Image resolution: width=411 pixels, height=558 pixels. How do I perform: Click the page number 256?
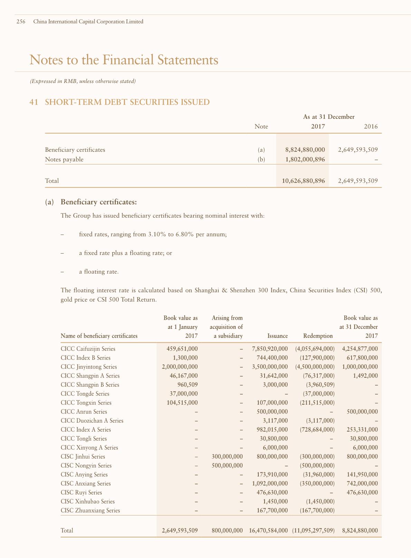(x=21, y=21)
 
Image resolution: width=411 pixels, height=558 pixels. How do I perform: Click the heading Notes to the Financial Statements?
(x=124, y=60)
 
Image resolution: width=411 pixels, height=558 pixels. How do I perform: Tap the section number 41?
(x=34, y=102)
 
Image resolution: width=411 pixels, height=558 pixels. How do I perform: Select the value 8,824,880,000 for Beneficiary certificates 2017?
(x=305, y=150)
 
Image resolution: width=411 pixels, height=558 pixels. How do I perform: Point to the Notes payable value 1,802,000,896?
(x=305, y=159)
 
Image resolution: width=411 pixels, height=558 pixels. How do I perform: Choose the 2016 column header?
(x=371, y=126)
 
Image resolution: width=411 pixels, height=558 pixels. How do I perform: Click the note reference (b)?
(x=261, y=159)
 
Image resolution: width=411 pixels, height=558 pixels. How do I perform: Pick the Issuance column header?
(x=277, y=336)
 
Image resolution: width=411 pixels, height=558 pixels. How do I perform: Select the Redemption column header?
(x=318, y=336)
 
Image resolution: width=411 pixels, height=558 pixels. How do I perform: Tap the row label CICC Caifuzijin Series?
(x=88, y=349)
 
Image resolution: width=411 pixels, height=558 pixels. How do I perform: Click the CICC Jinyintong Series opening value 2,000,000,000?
(x=180, y=367)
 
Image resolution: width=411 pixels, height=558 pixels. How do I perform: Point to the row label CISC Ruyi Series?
(x=81, y=493)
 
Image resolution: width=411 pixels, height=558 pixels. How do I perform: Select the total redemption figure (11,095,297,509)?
(x=313, y=530)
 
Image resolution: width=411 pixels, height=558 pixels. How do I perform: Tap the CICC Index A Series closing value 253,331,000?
(x=362, y=430)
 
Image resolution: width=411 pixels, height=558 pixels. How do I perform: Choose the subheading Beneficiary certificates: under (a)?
(x=98, y=202)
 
